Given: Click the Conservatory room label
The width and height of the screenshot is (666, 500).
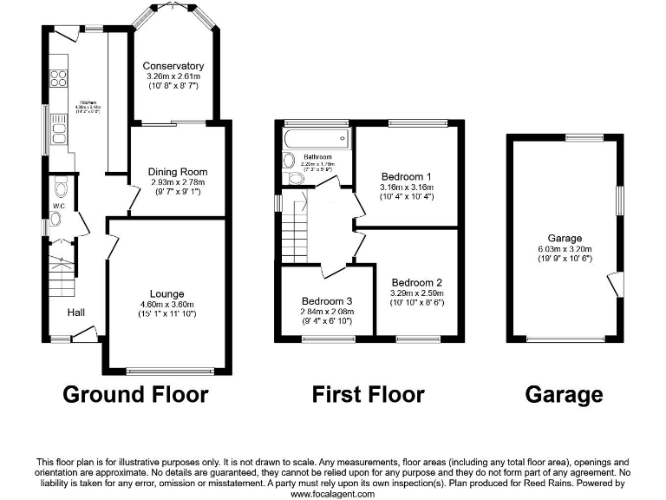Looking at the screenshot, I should [x=173, y=66].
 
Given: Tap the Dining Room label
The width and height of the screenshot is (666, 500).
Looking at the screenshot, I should [x=177, y=172].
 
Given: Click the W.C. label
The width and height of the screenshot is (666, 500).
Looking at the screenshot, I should [x=58, y=206].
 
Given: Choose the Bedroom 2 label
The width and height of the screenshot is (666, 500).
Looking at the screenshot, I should [x=416, y=282].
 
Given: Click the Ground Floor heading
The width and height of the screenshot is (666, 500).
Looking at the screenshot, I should [x=135, y=395].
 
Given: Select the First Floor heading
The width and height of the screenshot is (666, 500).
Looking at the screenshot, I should [x=369, y=395].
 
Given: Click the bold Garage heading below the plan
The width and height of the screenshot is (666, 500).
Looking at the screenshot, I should [x=564, y=395].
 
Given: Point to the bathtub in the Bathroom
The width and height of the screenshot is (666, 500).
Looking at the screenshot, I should [x=316, y=138].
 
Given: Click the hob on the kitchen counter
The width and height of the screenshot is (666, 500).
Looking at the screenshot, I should [x=61, y=79].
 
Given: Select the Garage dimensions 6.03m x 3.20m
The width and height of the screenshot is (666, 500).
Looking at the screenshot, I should [x=565, y=249].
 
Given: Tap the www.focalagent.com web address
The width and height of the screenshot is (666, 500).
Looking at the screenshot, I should [x=332, y=493].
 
